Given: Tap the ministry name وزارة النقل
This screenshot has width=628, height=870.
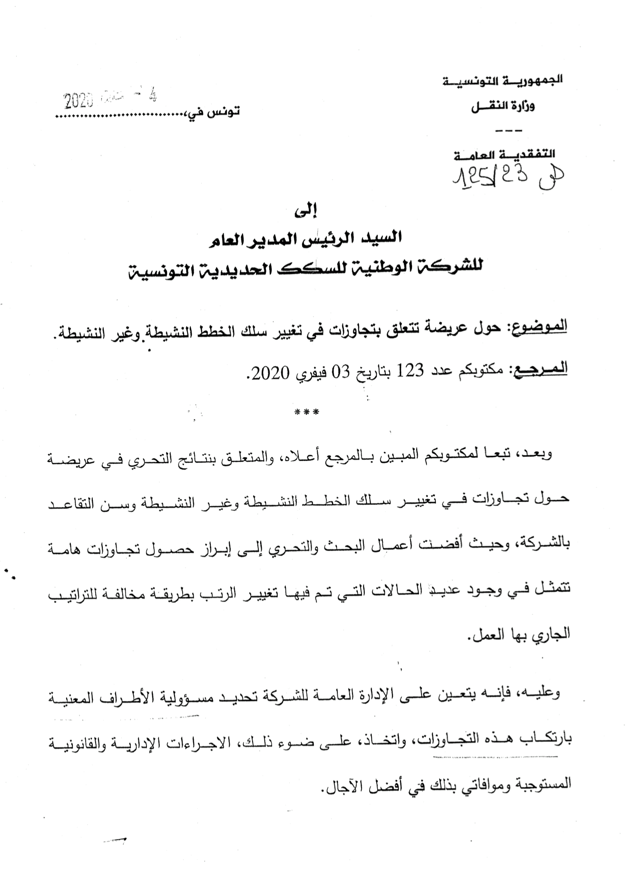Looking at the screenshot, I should pyautogui.click(x=503, y=107).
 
